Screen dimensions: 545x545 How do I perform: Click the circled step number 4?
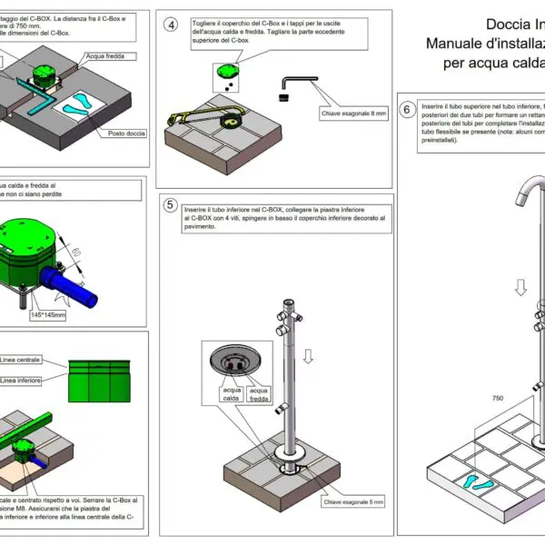point(171,25)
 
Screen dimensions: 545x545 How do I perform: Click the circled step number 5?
point(170,205)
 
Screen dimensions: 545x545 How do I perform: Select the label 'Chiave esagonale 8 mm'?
point(354,114)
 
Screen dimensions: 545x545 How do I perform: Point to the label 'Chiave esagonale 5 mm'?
point(354,501)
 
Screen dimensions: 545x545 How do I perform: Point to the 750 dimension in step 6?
point(496,398)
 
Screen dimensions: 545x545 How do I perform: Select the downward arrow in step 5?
point(308,356)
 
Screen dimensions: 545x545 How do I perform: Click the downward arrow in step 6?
point(521,289)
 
